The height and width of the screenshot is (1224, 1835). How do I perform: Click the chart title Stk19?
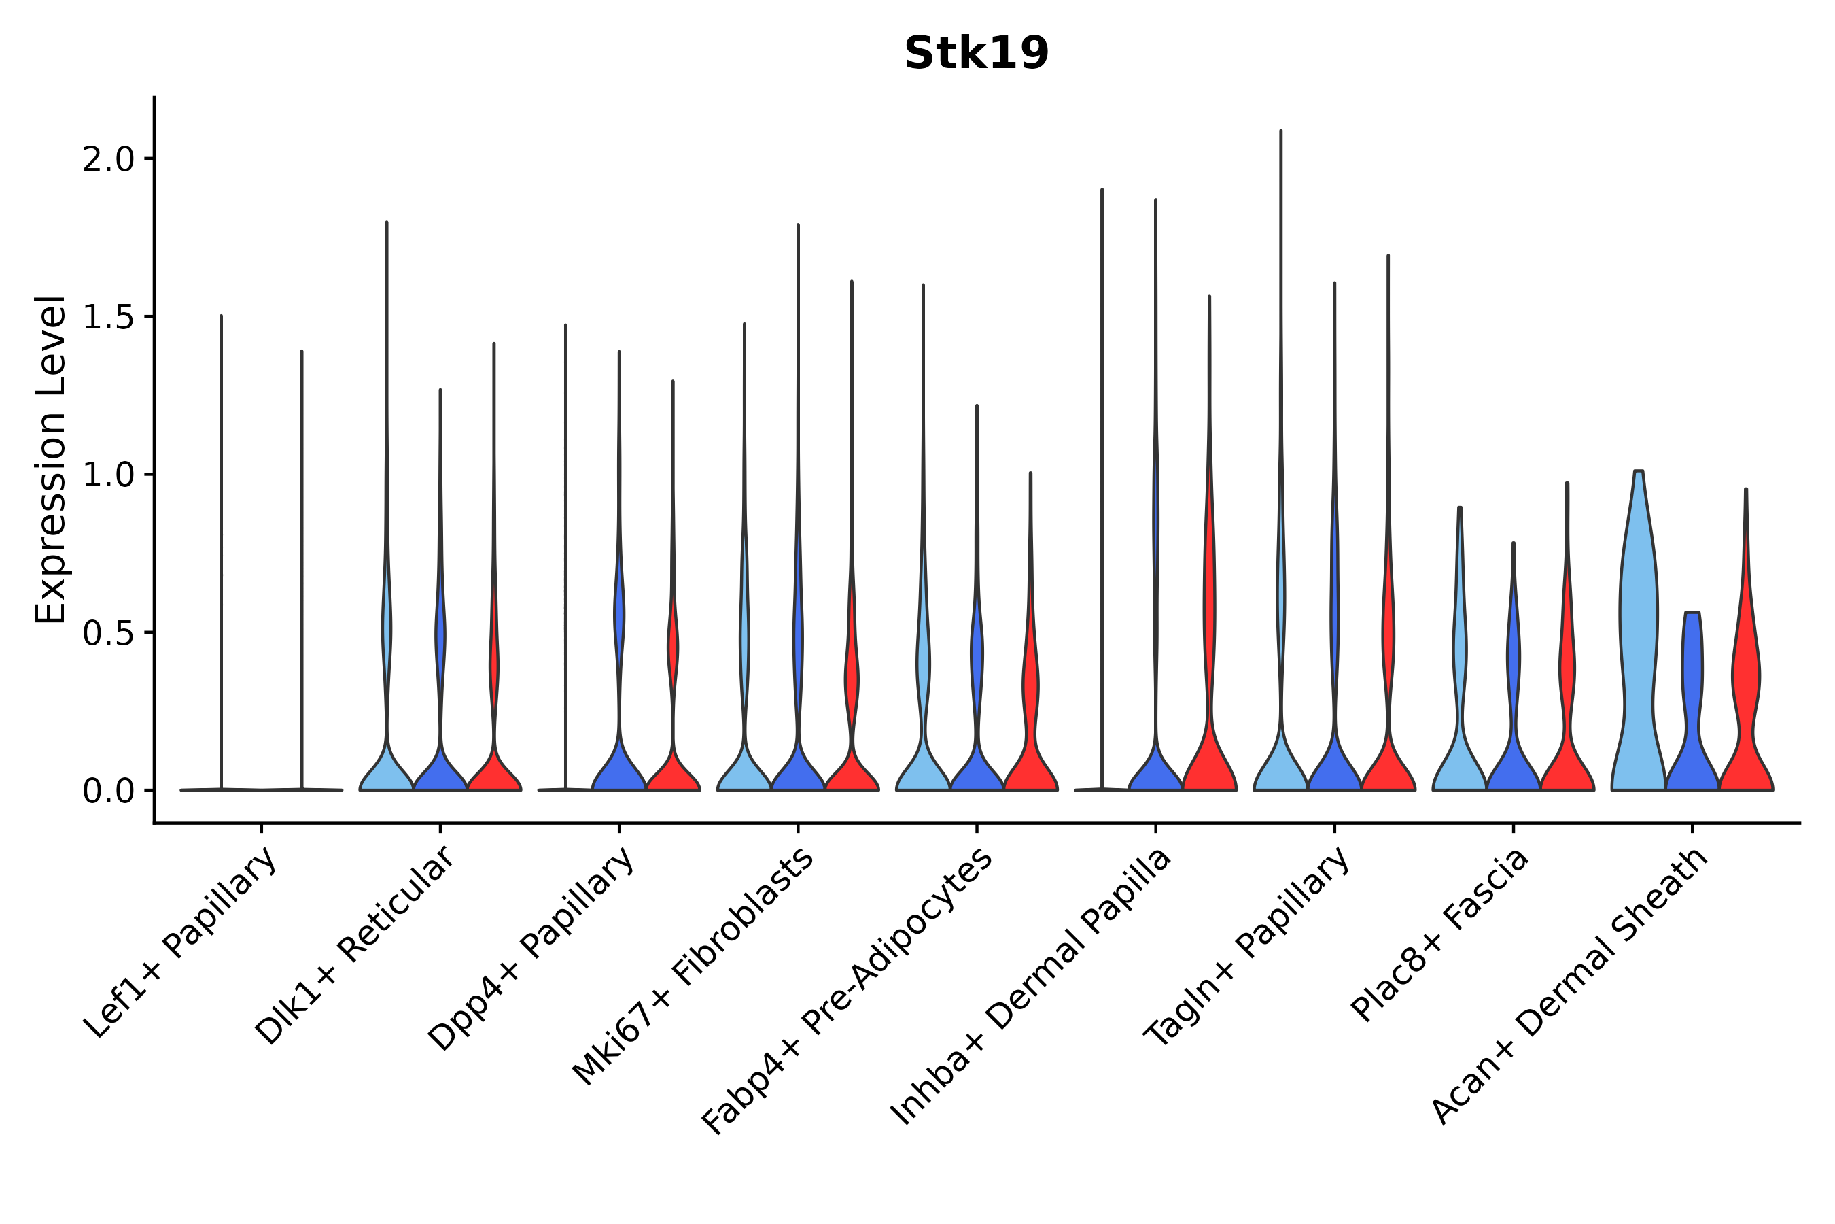pyautogui.click(x=976, y=54)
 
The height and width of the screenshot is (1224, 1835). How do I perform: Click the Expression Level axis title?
pyautogui.click(x=51, y=459)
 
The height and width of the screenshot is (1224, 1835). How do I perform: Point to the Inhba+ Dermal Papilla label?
pyautogui.click(x=1032, y=987)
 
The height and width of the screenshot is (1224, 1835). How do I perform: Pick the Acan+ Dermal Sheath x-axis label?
pyautogui.click(x=1570, y=987)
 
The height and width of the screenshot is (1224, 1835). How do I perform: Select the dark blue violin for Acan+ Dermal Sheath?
pyautogui.click(x=1692, y=702)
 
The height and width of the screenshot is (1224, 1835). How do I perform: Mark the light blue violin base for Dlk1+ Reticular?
pyautogui.click(x=386, y=772)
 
